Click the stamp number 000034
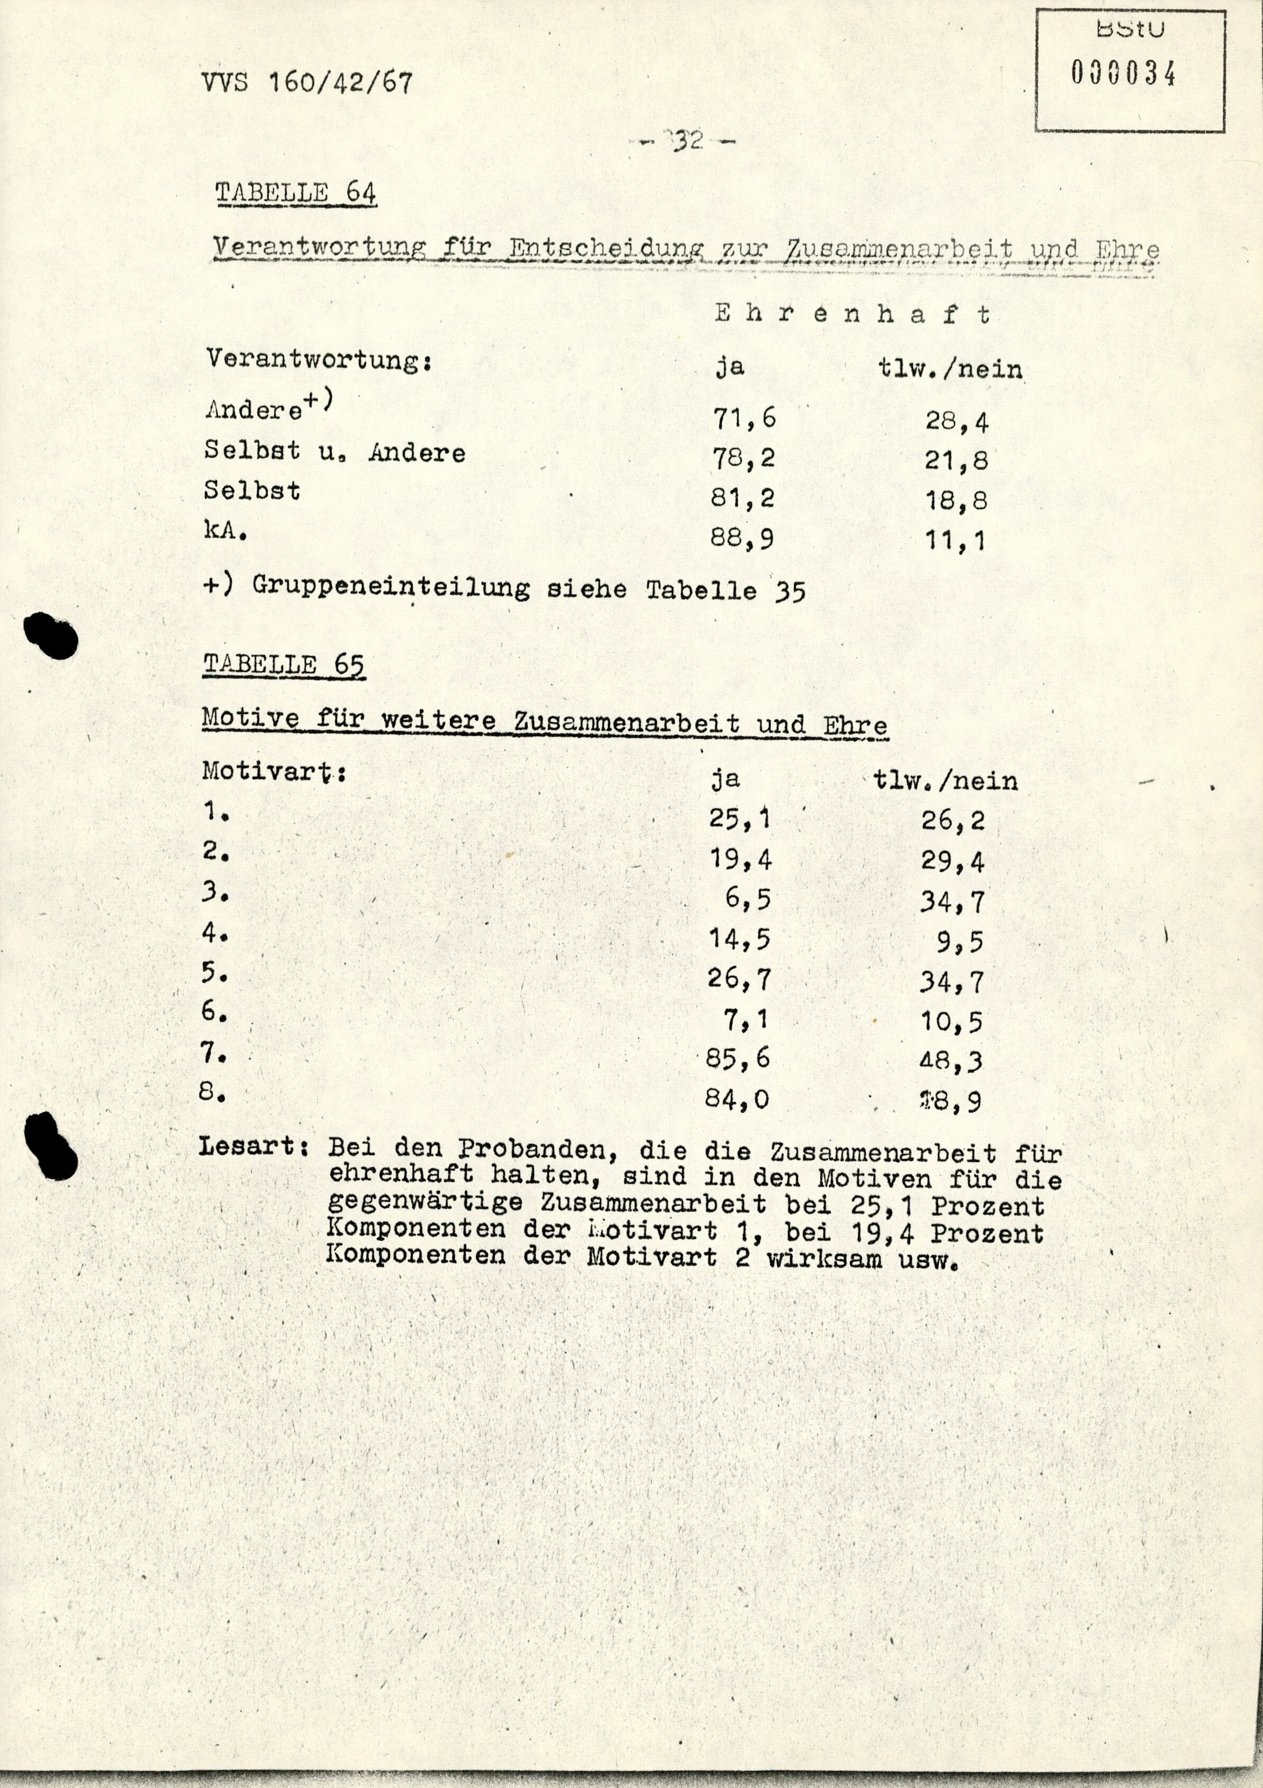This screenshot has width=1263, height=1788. click(1122, 75)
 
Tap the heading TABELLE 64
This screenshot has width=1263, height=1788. click(296, 192)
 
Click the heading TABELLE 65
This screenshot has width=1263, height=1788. click(284, 664)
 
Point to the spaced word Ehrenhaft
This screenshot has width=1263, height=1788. click(853, 314)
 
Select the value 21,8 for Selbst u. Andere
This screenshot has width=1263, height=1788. click(956, 460)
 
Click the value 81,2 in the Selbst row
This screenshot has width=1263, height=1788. click(742, 498)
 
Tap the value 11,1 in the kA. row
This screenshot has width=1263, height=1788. click(955, 540)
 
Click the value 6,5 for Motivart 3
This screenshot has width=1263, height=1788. click(747, 899)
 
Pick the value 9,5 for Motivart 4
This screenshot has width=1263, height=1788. click(960, 942)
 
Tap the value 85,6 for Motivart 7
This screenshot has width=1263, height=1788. click(738, 1058)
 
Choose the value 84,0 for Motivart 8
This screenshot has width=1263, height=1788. click(737, 1099)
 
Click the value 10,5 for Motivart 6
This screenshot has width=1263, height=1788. click(951, 1021)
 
